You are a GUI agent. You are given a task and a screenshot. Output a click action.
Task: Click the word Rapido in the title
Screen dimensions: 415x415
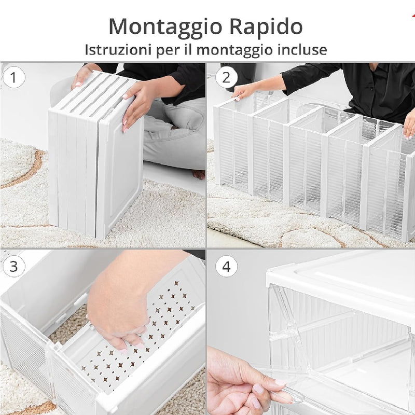pyautogui.click(x=266, y=27)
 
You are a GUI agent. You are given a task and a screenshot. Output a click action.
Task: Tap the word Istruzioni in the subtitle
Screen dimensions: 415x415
pyautogui.click(x=118, y=49)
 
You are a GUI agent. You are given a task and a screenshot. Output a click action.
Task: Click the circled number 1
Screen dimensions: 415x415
pyautogui.click(x=13, y=77)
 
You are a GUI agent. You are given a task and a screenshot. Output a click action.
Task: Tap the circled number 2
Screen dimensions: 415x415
pyautogui.click(x=226, y=77)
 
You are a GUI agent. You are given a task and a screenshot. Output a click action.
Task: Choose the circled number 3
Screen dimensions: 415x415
pyautogui.click(x=13, y=266)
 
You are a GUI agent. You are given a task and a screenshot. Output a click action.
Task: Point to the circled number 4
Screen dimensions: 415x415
pyautogui.click(x=226, y=266)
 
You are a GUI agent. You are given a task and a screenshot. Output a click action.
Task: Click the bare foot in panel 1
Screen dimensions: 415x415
pyautogui.click(x=199, y=174)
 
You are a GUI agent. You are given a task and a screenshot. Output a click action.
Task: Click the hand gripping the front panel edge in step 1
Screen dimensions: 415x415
pyautogui.click(x=137, y=105)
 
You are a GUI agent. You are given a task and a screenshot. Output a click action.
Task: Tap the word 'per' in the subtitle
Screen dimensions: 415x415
pyautogui.click(x=167, y=51)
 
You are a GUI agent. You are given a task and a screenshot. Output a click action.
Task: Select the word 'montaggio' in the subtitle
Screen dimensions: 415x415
pyautogui.click(x=234, y=50)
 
